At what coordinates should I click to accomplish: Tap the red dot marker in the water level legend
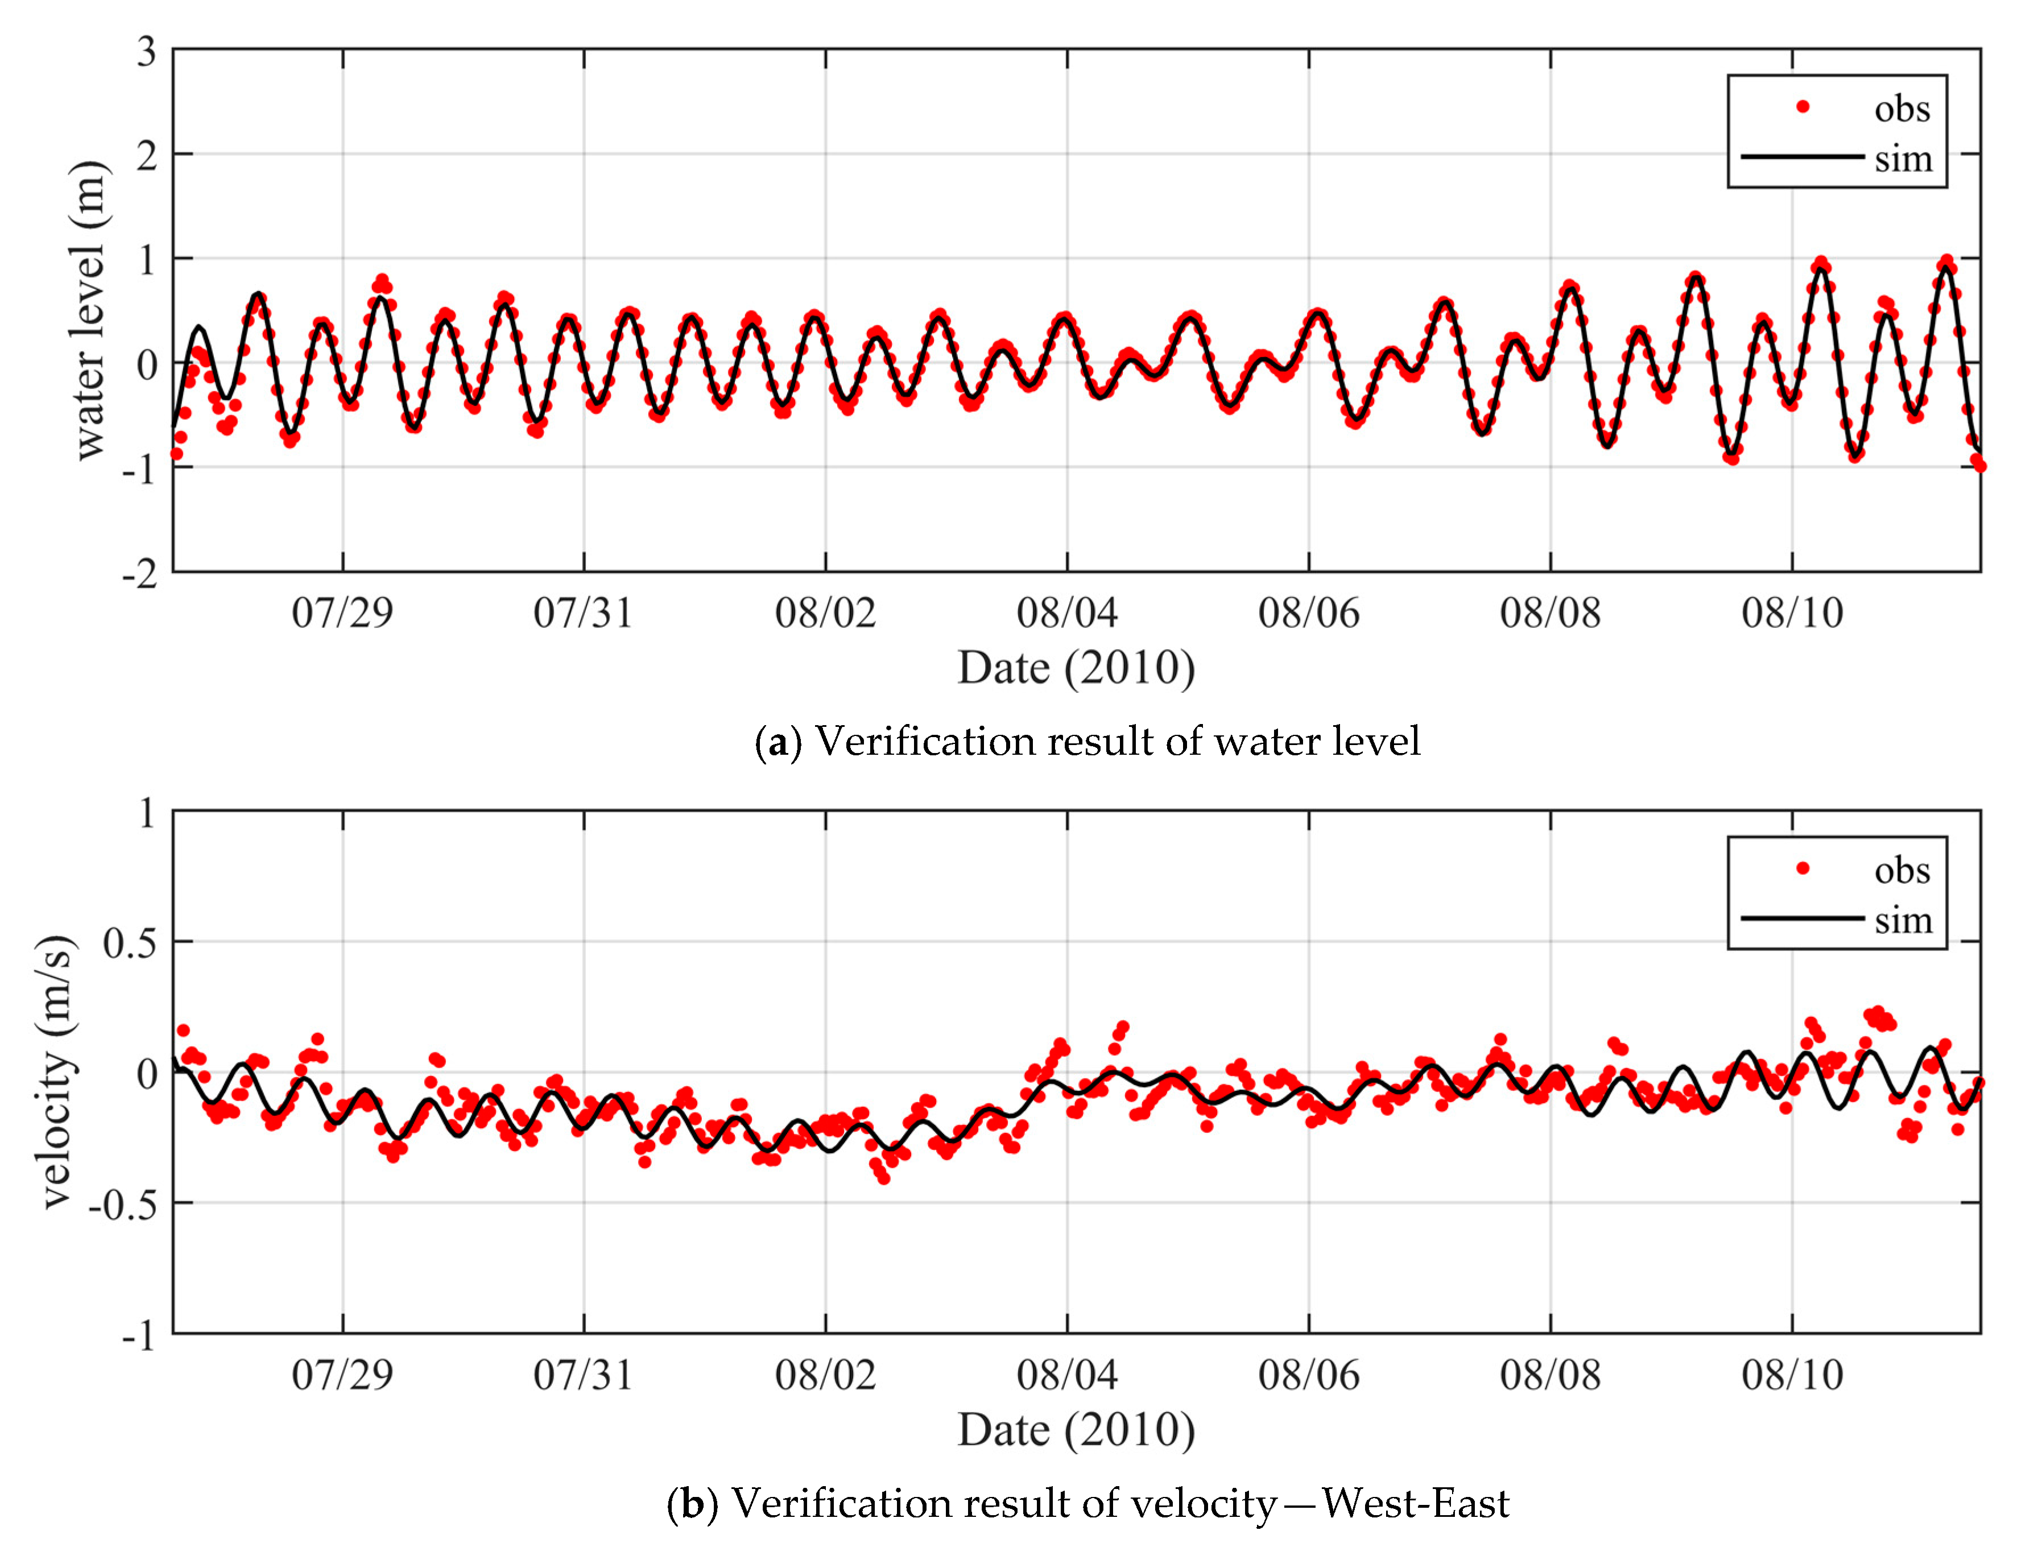click(x=1802, y=107)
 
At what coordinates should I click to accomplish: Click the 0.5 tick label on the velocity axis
click(x=130, y=942)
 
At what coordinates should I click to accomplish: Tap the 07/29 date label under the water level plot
click(x=342, y=613)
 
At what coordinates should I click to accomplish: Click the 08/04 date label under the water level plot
click(x=1067, y=613)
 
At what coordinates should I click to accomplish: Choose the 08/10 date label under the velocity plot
click(x=1792, y=1375)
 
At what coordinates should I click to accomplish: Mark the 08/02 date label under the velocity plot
click(x=825, y=1375)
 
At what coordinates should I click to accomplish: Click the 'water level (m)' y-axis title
click(x=89, y=311)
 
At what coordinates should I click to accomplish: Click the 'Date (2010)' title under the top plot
click(x=1076, y=668)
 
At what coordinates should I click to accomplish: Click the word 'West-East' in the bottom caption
click(x=1415, y=1503)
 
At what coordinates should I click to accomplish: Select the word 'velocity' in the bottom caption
click(x=1202, y=1503)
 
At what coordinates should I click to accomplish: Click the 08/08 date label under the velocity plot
click(x=1550, y=1375)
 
